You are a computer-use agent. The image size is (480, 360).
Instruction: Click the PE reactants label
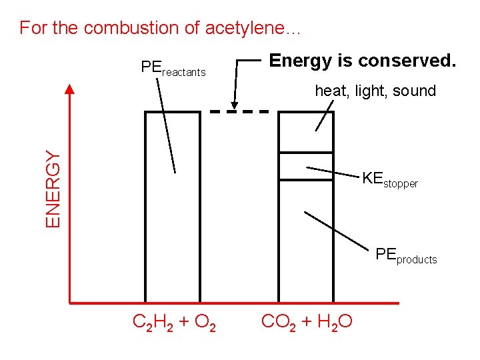pos(173,68)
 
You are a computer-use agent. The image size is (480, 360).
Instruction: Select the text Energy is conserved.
pos(362,61)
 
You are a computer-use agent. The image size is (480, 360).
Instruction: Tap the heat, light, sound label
pos(375,91)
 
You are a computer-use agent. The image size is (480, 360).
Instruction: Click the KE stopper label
pos(390,179)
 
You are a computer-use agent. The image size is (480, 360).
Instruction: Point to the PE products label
pos(406,255)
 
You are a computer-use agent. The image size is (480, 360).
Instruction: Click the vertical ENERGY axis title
pos(53,188)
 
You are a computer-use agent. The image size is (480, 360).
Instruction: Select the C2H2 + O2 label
pos(174,323)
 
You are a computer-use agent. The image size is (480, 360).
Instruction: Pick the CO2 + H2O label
pos(307,323)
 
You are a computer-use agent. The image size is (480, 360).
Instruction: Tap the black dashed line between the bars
pos(239,111)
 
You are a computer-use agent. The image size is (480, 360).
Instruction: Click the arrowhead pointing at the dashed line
pos(234,105)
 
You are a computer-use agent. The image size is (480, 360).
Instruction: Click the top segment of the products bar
pos(305,132)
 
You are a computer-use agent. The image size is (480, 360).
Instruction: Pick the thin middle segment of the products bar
pos(305,166)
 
